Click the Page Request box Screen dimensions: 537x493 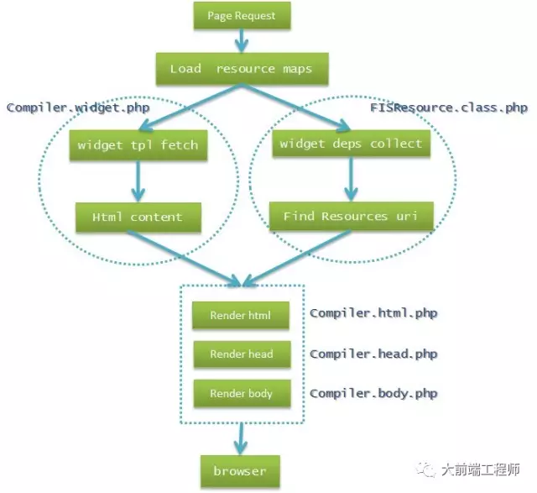click(x=242, y=15)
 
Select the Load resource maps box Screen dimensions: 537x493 click(x=242, y=69)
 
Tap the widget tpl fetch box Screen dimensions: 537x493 click(x=138, y=145)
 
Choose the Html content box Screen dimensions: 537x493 click(x=138, y=217)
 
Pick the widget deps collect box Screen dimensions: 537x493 click(x=352, y=144)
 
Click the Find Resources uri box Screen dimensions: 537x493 click(x=352, y=216)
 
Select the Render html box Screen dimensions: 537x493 click(x=241, y=315)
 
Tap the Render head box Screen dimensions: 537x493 click(x=242, y=354)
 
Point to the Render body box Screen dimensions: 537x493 click(x=242, y=393)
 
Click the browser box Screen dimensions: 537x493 click(x=240, y=471)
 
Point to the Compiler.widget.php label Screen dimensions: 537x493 click(x=78, y=108)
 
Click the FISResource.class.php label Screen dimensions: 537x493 click(x=449, y=108)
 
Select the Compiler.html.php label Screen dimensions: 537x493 click(x=373, y=313)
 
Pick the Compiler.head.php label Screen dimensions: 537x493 click(x=373, y=354)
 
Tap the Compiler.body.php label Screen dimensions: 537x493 click(x=373, y=393)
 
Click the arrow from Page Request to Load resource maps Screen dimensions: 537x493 click(x=242, y=41)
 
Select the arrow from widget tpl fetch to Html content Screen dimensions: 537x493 click(x=138, y=181)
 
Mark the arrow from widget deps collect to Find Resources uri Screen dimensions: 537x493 click(x=351, y=179)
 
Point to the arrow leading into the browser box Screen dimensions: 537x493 click(x=241, y=439)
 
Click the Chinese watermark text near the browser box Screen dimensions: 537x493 click(x=481, y=469)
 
